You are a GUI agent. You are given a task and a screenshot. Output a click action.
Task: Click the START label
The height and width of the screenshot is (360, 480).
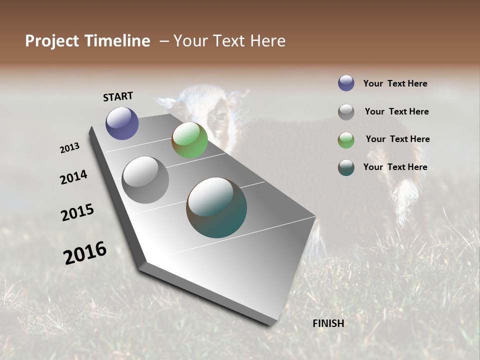click(x=118, y=96)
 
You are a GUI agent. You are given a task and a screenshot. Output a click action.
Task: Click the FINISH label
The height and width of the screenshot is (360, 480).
click(x=328, y=323)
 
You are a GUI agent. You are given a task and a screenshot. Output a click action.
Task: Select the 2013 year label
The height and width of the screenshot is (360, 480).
click(x=70, y=148)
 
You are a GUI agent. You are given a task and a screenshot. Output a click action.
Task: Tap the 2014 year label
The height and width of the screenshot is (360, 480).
click(x=74, y=177)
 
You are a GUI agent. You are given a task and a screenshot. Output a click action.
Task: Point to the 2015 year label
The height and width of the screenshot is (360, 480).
click(x=77, y=212)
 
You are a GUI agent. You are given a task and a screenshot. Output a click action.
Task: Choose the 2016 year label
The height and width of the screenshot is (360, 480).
click(x=85, y=253)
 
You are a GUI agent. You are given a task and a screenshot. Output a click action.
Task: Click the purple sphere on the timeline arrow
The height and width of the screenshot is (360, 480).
click(x=122, y=123)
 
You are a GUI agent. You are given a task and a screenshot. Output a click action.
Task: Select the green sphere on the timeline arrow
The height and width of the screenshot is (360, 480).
click(x=189, y=140)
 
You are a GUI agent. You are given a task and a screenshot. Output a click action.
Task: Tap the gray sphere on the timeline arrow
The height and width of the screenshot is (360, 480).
click(x=145, y=180)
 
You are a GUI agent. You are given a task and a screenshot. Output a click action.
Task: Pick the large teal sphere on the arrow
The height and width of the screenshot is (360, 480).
click(x=216, y=207)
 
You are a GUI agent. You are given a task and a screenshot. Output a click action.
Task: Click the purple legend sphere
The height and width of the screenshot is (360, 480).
click(x=346, y=83)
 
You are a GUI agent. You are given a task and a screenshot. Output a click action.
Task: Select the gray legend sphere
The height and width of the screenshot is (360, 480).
click(x=346, y=112)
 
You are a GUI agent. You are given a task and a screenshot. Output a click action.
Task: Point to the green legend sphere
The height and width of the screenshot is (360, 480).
click(x=346, y=140)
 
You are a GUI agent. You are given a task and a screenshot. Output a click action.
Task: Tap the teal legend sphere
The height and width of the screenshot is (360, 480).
click(x=346, y=167)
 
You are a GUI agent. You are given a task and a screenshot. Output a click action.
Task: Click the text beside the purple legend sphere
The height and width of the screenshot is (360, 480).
click(x=395, y=83)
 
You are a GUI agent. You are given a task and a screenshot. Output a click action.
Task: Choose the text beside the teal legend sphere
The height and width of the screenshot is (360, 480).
click(x=395, y=167)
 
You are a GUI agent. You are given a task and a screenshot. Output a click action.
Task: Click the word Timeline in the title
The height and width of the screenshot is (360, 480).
click(x=118, y=41)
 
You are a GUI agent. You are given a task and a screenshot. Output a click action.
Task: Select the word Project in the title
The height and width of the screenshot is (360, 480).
click(x=52, y=41)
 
